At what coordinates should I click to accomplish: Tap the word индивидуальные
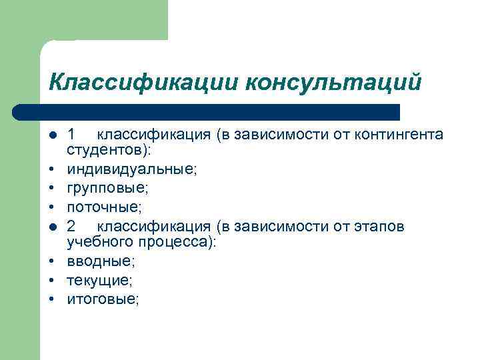(131, 169)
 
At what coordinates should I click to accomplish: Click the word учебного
(99, 242)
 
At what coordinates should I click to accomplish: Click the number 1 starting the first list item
(72, 135)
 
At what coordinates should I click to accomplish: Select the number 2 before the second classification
(72, 227)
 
